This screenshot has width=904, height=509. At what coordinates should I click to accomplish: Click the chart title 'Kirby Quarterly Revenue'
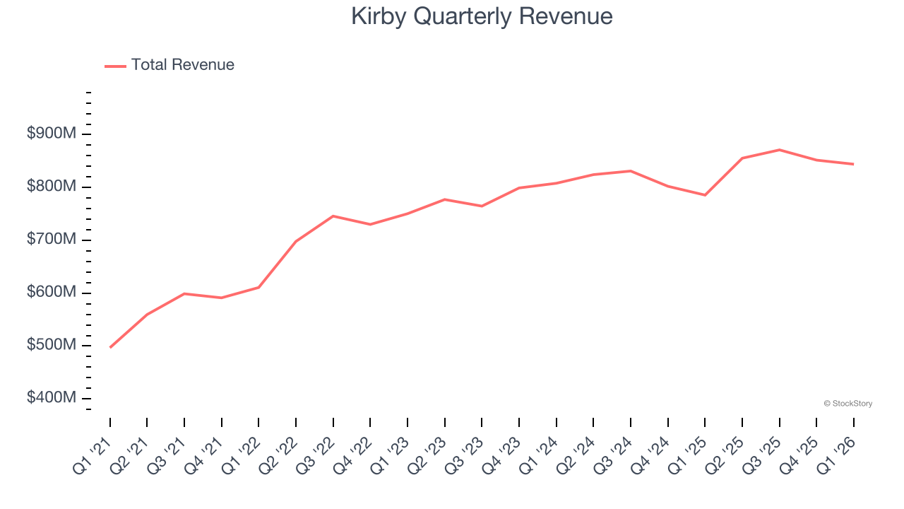(x=482, y=16)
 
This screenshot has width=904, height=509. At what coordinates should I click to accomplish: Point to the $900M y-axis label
(x=52, y=134)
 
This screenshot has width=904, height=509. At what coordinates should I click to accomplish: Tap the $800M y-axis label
(x=52, y=187)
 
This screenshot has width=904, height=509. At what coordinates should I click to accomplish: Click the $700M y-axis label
(x=52, y=240)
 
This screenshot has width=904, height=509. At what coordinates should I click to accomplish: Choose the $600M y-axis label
(x=52, y=293)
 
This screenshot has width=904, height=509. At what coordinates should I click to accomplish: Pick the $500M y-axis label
(x=52, y=346)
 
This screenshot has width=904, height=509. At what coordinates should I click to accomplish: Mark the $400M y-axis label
(x=52, y=398)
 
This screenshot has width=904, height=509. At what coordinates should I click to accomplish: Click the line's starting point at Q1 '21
(x=110, y=347)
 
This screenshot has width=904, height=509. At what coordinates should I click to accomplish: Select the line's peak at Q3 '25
(x=779, y=150)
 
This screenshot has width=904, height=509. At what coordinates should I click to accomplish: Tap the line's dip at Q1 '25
(x=705, y=195)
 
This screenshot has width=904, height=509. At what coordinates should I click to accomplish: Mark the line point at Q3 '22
(x=333, y=216)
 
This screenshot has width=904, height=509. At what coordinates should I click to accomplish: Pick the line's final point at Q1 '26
(x=853, y=164)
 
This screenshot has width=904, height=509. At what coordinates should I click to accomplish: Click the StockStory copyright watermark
(x=847, y=404)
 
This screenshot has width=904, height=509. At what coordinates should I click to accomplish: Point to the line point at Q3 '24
(x=631, y=171)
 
